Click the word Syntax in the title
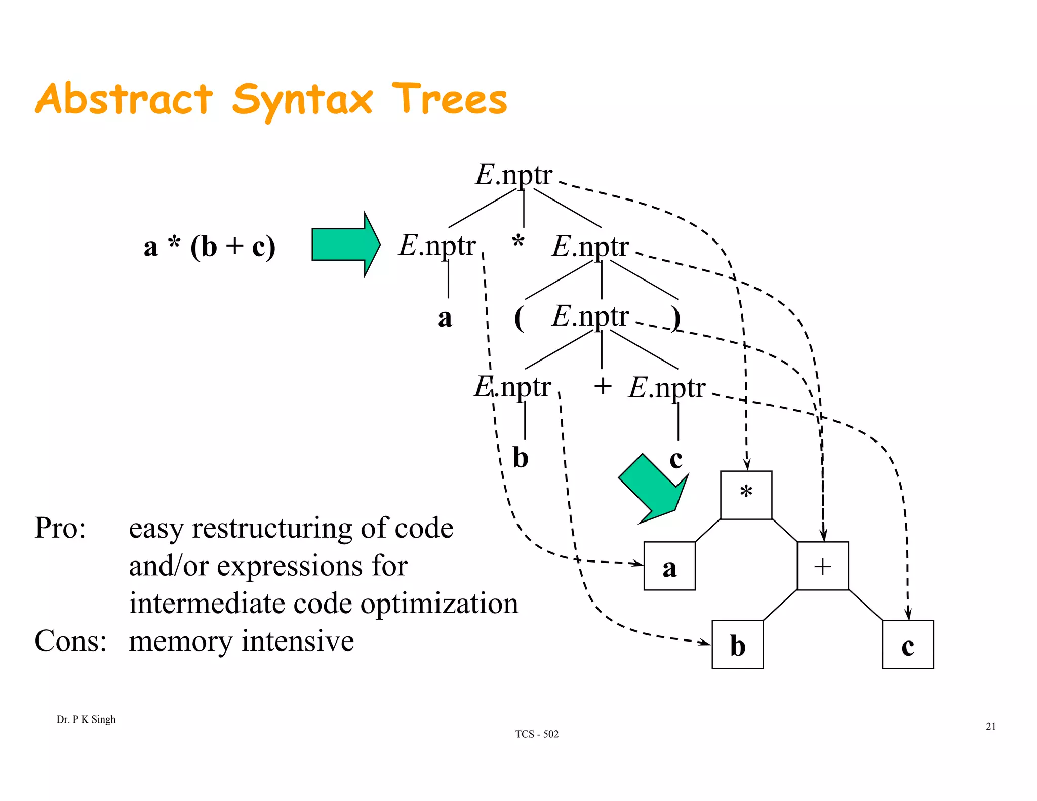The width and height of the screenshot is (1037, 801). pyautogui.click(x=302, y=100)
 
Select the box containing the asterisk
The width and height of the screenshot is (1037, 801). pyautogui.click(x=746, y=495)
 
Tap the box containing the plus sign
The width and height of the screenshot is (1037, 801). pyautogui.click(x=822, y=566)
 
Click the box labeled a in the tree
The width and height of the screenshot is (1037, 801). pyautogui.click(x=669, y=566)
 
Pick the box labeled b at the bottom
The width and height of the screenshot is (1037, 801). pyautogui.click(x=737, y=644)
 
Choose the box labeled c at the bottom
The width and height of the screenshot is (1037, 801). pyautogui.click(x=907, y=644)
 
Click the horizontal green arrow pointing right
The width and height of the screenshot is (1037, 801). pyautogui.click(x=344, y=245)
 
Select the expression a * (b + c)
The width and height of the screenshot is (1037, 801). pyautogui.click(x=209, y=247)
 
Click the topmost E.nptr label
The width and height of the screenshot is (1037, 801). pyautogui.click(x=513, y=175)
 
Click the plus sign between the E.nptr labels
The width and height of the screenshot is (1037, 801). pyautogui.click(x=603, y=386)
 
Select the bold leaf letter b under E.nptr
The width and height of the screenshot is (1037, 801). pyautogui.click(x=521, y=457)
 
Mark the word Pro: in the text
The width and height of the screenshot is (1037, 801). pyautogui.click(x=60, y=528)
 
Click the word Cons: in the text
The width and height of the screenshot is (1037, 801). pyautogui.click(x=70, y=641)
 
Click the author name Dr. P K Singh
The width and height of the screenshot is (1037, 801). pyautogui.click(x=86, y=719)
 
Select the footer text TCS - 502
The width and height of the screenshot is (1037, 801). pyautogui.click(x=537, y=734)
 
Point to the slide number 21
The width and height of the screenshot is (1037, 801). pyautogui.click(x=990, y=727)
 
